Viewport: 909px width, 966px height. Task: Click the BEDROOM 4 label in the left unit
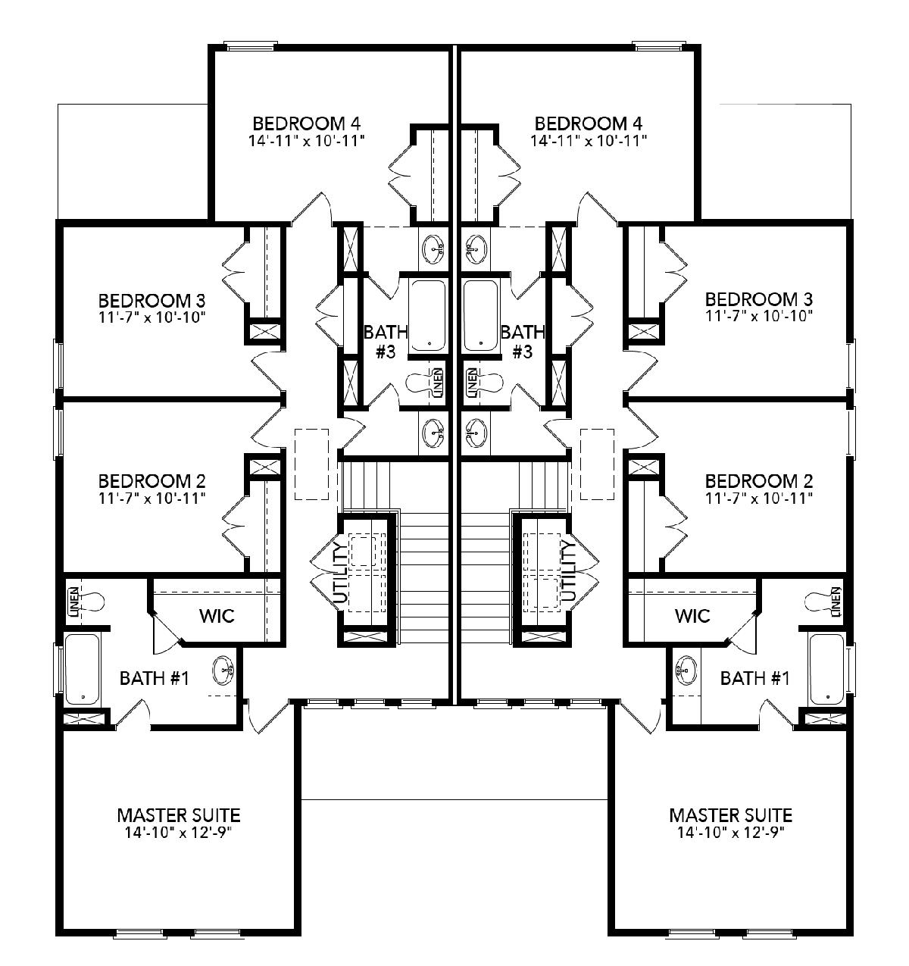[306, 123]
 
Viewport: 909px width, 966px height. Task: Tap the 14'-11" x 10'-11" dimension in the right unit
[589, 141]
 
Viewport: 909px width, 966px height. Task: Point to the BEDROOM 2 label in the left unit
[151, 481]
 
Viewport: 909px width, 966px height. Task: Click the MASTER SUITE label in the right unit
[730, 815]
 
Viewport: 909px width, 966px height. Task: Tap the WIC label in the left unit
[217, 616]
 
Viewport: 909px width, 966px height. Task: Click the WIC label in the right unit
[692, 616]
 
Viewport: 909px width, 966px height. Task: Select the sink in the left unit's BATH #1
[223, 671]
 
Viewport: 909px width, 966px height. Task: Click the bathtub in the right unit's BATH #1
[826, 669]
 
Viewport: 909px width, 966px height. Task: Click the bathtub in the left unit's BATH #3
[427, 316]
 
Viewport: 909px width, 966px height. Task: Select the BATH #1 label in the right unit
[754, 678]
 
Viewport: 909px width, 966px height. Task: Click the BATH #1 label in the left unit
[155, 678]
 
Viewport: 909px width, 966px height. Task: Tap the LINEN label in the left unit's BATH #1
[73, 602]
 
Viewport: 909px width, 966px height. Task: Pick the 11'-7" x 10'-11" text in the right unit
[759, 499]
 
